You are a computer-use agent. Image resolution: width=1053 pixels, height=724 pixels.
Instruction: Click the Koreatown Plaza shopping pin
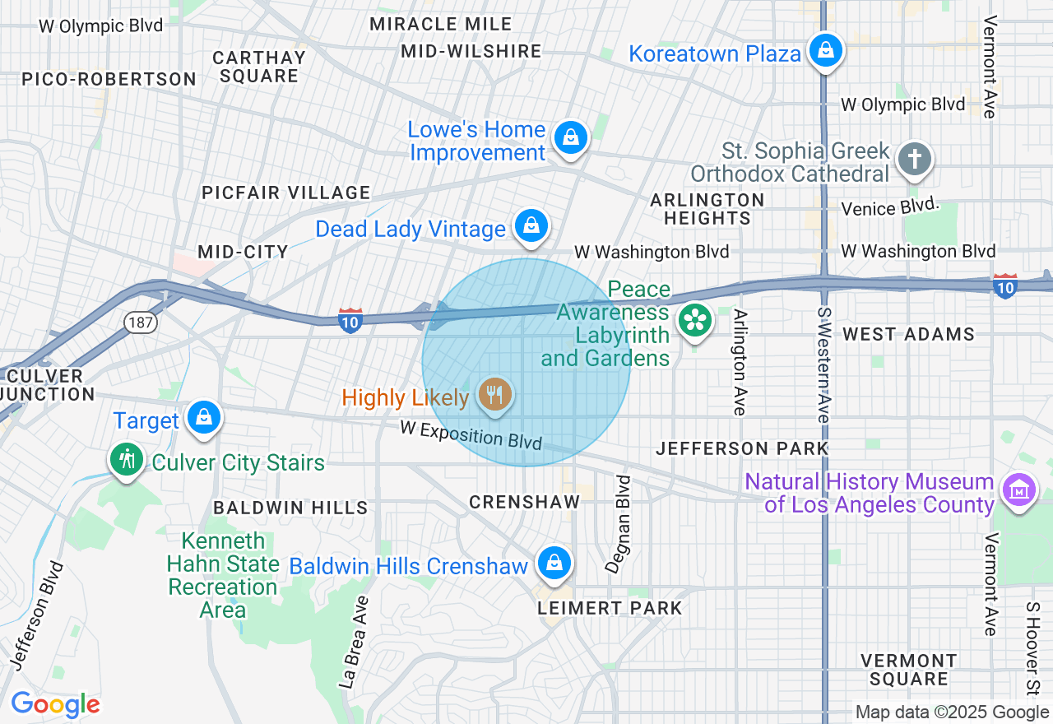click(824, 51)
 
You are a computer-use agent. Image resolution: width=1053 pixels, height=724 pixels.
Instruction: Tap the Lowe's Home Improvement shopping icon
click(570, 137)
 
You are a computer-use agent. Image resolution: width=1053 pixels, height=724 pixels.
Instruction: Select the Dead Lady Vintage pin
click(531, 225)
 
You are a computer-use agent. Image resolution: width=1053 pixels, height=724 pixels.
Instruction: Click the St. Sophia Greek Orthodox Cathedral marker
click(914, 159)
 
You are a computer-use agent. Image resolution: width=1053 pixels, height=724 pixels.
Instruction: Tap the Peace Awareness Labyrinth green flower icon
click(695, 321)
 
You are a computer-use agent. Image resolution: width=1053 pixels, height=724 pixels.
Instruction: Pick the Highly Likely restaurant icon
click(494, 396)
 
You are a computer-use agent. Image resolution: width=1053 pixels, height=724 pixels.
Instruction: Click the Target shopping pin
click(203, 418)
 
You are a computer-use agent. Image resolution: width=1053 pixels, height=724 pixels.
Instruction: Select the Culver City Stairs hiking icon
click(127, 459)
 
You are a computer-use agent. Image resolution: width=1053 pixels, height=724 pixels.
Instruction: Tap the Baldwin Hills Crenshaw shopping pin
click(554, 564)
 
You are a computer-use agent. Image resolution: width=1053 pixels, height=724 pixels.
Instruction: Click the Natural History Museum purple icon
click(1018, 490)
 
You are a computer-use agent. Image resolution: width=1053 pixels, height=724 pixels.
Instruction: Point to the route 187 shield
click(141, 323)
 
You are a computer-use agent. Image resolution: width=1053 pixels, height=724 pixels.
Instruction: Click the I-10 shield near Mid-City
click(350, 322)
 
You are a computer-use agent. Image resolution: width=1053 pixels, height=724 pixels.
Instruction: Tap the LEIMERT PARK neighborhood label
click(610, 608)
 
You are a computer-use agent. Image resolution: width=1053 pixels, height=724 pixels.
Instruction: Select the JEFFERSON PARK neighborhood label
click(742, 448)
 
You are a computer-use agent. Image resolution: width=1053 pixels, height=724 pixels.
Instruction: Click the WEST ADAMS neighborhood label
click(908, 334)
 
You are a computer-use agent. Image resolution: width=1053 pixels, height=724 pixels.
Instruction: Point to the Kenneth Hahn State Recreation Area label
click(223, 576)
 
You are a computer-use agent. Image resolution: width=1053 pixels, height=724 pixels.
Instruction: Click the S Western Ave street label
click(823, 364)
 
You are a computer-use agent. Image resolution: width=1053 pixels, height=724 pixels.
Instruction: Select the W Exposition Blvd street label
click(471, 435)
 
